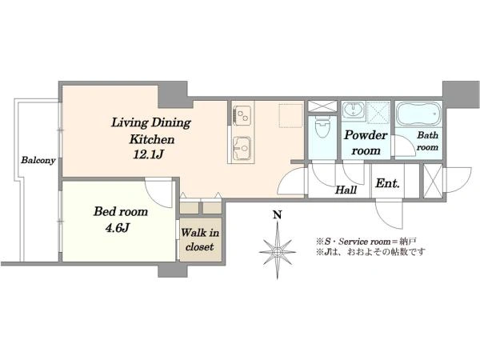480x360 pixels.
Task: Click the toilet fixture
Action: click(322, 127)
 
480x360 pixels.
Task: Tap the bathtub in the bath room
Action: click(418, 114)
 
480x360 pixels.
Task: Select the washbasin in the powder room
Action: click(354, 109)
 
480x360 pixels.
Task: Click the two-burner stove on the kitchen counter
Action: click(242, 115)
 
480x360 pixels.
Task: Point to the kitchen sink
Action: click(242, 149)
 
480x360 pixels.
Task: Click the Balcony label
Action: click(38, 160)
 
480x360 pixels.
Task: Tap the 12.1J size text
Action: click(148, 154)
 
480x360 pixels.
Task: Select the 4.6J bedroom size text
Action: click(118, 228)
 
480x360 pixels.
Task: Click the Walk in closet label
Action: click(199, 240)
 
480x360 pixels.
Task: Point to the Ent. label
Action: click(387, 183)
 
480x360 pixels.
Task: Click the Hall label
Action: click(346, 190)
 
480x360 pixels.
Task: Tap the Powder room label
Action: click(366, 142)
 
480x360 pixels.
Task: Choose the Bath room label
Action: click(428, 141)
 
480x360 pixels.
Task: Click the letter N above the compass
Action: click(277, 215)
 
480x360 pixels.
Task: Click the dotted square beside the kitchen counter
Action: click(291, 115)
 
